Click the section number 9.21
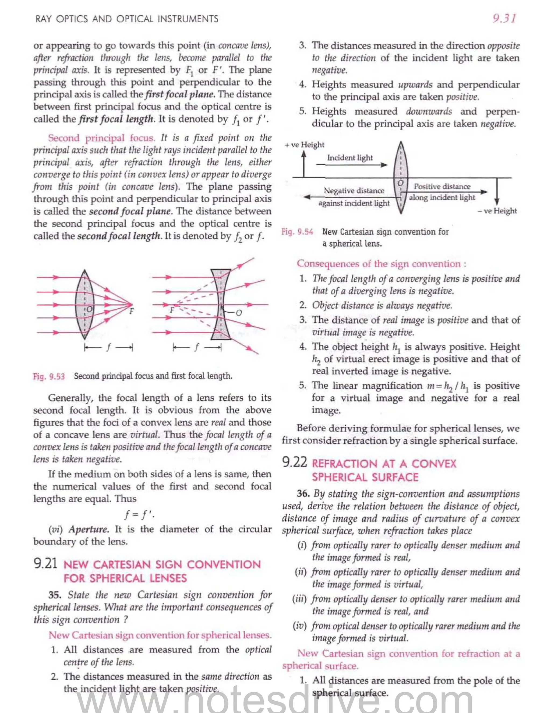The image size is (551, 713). pos(45,563)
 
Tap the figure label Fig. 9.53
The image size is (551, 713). pos(49,376)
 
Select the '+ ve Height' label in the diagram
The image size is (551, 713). pos(304,145)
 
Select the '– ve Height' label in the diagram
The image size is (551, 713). pos(497,211)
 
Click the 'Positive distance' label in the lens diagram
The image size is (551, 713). pos(442,186)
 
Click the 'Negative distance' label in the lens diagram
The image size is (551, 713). pos(354,190)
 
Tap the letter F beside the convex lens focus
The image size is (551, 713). pos(132,311)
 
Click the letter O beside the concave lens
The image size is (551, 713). pos(239,313)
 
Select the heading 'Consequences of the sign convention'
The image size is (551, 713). pos(381,263)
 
